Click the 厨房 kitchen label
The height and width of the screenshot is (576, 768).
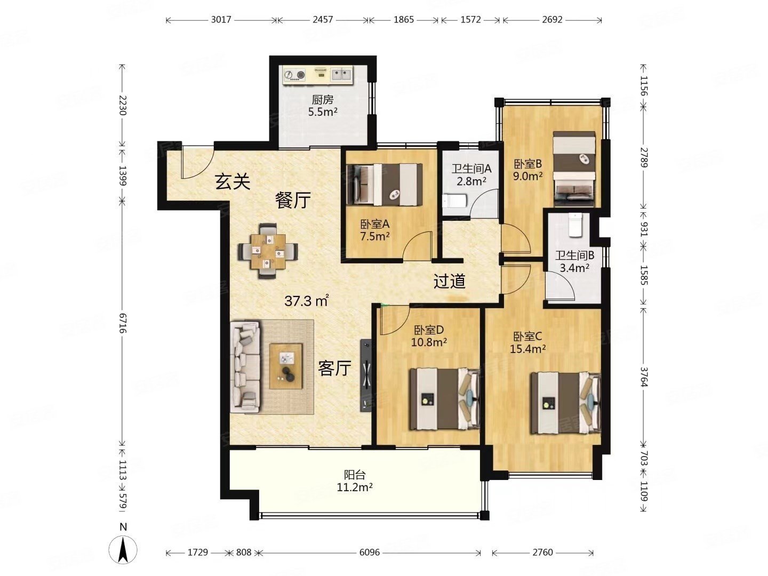322,100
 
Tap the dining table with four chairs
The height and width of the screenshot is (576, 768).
268,251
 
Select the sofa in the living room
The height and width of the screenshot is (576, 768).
245,366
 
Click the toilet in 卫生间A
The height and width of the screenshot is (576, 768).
454,201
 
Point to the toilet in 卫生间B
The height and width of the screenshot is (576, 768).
575,225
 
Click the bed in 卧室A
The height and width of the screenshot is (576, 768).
384,185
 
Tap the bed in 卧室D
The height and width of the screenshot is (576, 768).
445,399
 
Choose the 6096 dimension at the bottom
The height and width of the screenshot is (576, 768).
369,552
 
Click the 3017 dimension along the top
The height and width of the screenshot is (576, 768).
221,20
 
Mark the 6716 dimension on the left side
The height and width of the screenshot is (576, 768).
123,323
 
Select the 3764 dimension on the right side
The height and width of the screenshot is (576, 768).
644,377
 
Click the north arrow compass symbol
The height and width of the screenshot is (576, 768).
123,550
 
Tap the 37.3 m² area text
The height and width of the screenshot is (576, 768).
307,301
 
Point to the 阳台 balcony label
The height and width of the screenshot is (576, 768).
355,475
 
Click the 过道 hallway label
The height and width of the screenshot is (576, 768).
450,281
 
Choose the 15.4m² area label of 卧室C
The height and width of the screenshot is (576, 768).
527,349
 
